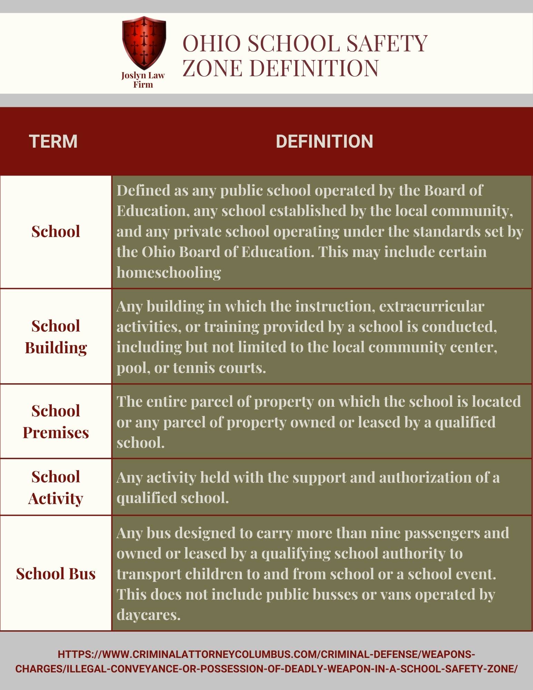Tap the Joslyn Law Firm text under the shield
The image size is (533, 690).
[x=143, y=80]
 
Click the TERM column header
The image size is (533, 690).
[x=53, y=141]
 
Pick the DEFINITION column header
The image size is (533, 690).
[x=324, y=141]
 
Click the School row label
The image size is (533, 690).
[x=56, y=231]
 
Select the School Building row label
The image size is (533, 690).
[x=56, y=337]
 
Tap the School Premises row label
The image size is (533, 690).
[x=56, y=422]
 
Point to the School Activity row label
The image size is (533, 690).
[x=56, y=487]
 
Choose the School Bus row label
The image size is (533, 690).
[x=56, y=574]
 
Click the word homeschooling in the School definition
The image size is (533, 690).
[x=169, y=273]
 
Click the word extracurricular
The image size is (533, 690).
[x=432, y=306]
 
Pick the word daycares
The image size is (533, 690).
[x=148, y=615]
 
